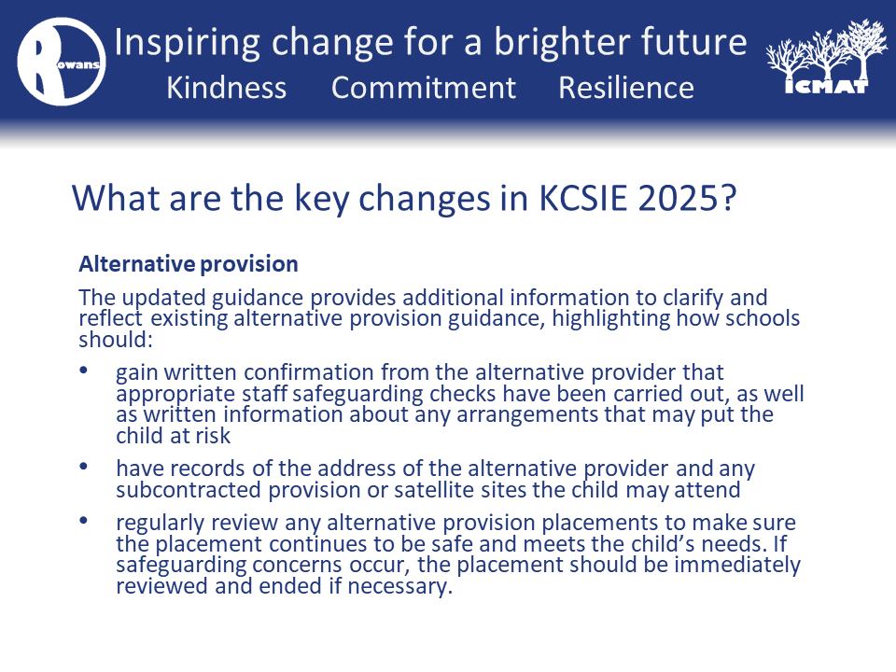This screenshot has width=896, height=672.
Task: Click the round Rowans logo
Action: pos(62,62)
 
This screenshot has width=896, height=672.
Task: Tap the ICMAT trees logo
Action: pos(827,57)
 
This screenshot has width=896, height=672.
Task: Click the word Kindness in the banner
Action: pos(226,88)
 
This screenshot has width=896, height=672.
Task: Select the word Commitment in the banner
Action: pos(424,88)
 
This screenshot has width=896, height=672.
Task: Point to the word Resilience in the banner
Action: pos(626,88)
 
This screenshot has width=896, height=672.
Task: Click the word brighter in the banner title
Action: pos(562,44)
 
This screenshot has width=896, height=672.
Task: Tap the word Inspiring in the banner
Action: pos(188,44)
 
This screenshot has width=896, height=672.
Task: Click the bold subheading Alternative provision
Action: pos(189,264)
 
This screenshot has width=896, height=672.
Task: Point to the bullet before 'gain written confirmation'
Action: pos(83,370)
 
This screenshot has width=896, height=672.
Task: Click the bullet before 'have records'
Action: pos(83,466)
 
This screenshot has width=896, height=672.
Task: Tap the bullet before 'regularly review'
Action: pos(83,520)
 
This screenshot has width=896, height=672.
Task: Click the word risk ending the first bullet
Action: pos(213,436)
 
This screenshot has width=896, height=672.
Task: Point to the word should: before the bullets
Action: pos(116,340)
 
